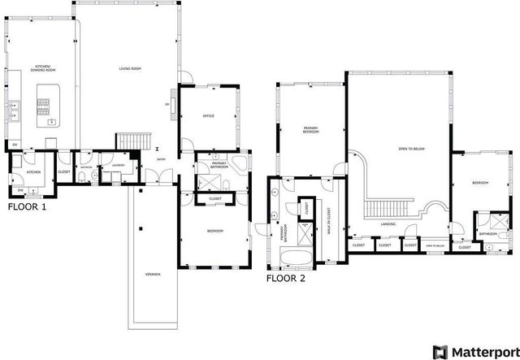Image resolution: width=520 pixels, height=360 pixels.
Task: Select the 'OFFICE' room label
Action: [x=208, y=116]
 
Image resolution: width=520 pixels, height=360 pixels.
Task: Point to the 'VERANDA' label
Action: [x=153, y=274]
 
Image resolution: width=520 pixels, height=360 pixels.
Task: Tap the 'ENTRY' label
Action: [x=162, y=159]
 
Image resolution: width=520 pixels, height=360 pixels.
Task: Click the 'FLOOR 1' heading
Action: [x=27, y=207]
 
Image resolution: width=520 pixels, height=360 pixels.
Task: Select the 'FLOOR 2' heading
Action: [x=286, y=278]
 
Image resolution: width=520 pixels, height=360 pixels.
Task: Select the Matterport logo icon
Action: [x=440, y=351]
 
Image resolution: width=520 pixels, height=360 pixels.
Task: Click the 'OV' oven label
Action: [x=14, y=145]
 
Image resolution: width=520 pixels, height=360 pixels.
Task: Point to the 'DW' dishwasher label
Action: [x=19, y=191]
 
